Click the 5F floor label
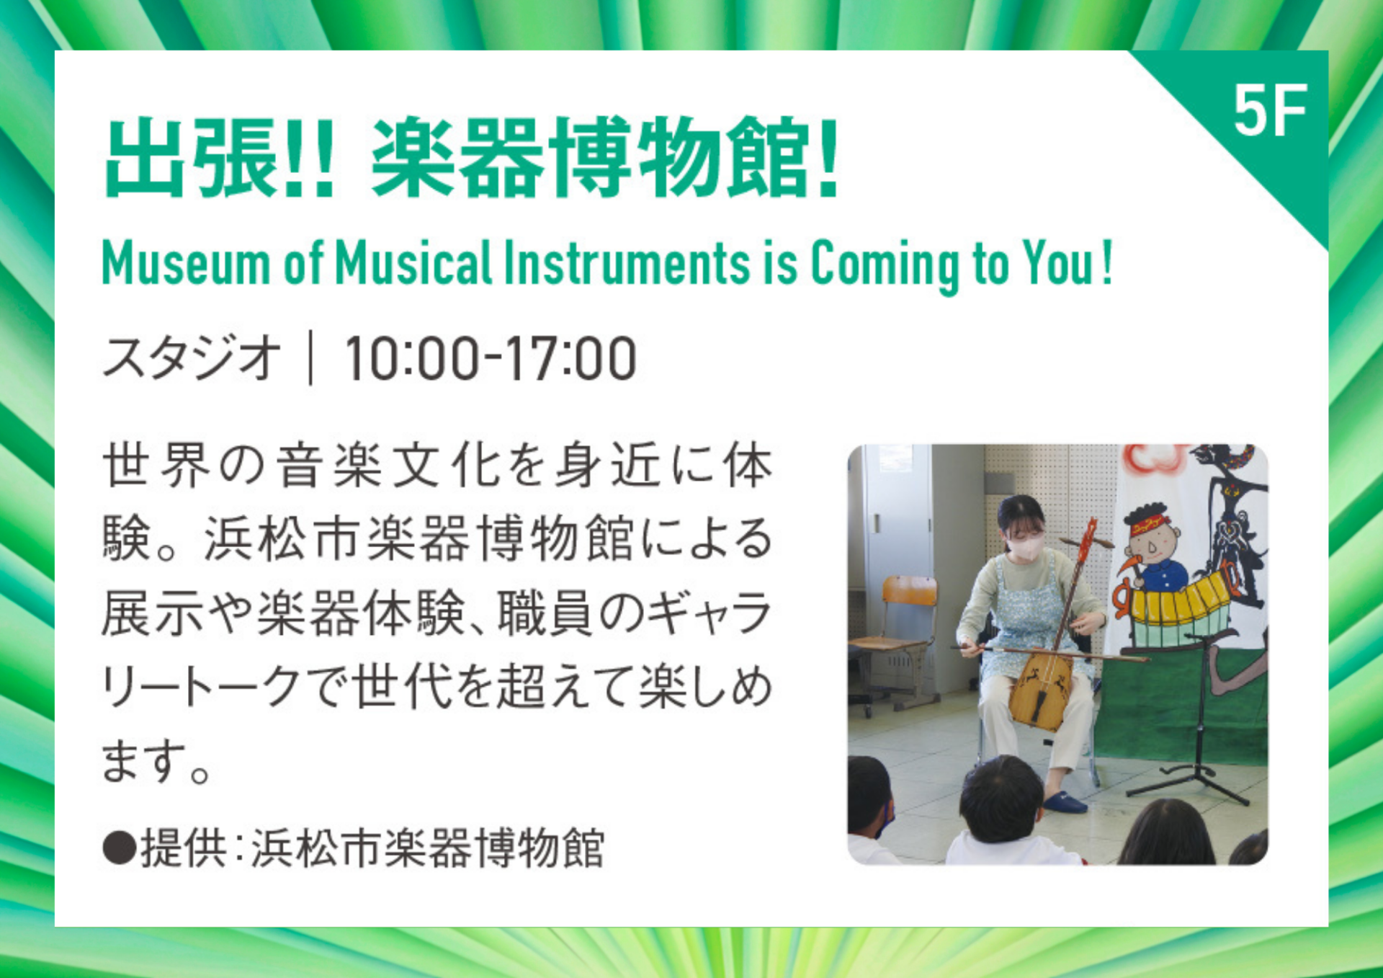point(1270,110)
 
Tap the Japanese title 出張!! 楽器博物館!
point(472,157)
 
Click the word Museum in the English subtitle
point(186,263)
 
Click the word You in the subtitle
point(1057,263)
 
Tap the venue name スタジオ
point(192,357)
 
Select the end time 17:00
point(569,358)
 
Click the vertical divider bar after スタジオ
point(310,357)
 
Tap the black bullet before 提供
point(119,848)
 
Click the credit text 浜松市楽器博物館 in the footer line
point(427,848)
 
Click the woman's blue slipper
point(1064,801)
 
